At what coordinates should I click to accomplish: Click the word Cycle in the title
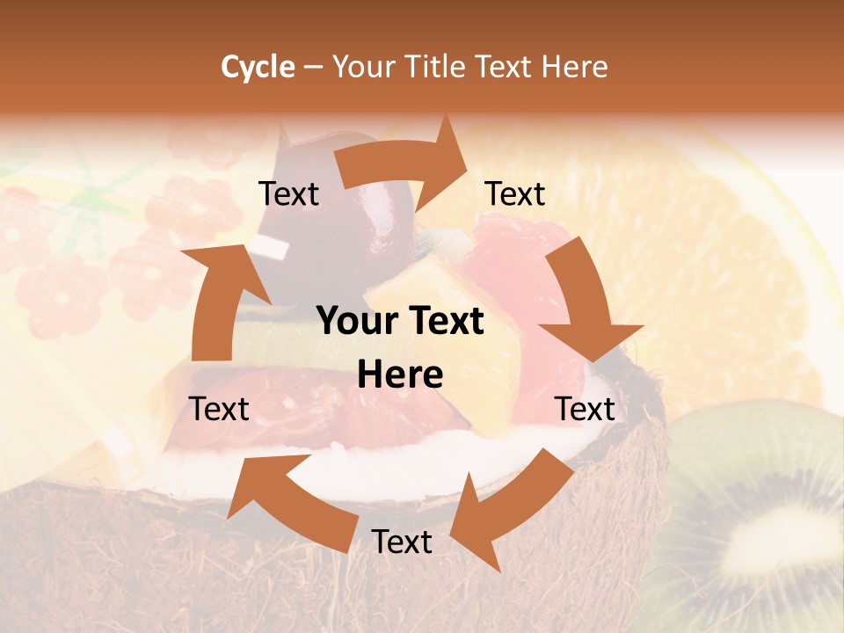tap(258, 67)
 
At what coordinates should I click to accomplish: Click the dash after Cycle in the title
tap(313, 67)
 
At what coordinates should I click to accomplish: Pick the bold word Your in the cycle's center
tap(355, 322)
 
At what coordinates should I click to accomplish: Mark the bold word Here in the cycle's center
tap(400, 375)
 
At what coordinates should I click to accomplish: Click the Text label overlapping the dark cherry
tap(288, 194)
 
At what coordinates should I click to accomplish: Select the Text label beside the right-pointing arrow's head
tap(515, 194)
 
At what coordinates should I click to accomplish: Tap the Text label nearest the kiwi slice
tap(586, 410)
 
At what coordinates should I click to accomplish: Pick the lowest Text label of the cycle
tap(402, 542)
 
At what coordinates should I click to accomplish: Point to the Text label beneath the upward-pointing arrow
tap(220, 410)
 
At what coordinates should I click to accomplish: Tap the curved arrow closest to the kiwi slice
tap(514, 501)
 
